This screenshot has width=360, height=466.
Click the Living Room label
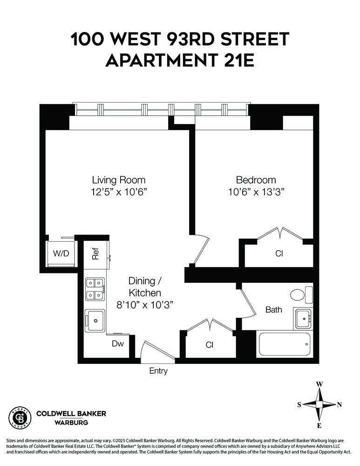(x=118, y=180)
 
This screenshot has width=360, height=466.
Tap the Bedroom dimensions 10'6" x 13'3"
(x=256, y=192)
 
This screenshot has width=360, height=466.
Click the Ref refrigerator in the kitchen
(x=95, y=255)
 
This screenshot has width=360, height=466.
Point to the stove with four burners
(x=95, y=289)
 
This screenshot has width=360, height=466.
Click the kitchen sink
(x=95, y=321)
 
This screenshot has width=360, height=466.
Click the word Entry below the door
(x=158, y=371)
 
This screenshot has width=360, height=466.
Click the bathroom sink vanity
(x=303, y=319)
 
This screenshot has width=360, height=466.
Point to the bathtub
(x=284, y=345)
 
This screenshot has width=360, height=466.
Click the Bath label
(x=273, y=309)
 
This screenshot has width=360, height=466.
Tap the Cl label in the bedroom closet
(x=279, y=254)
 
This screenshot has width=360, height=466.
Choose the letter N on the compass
(x=340, y=404)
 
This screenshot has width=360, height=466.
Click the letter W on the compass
(x=319, y=384)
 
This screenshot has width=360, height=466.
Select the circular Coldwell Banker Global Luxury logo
(x=20, y=417)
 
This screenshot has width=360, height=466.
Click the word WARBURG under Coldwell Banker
(x=71, y=423)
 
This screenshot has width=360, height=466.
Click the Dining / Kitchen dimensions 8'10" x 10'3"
(x=145, y=305)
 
